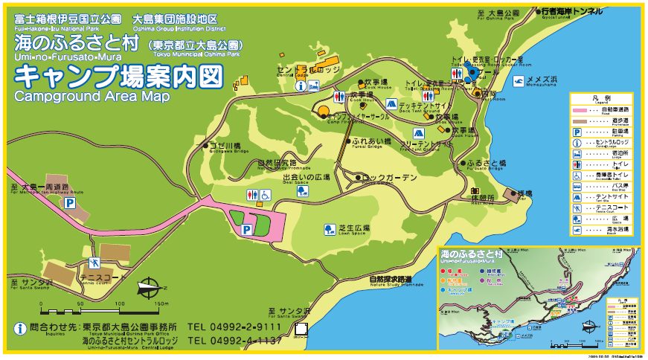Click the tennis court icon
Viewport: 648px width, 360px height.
[x=94, y=263]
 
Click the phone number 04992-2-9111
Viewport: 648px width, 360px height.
[x=234, y=327]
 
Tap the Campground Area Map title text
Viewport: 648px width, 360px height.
[x=92, y=97]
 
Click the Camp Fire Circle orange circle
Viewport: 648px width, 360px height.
[x=324, y=112]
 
